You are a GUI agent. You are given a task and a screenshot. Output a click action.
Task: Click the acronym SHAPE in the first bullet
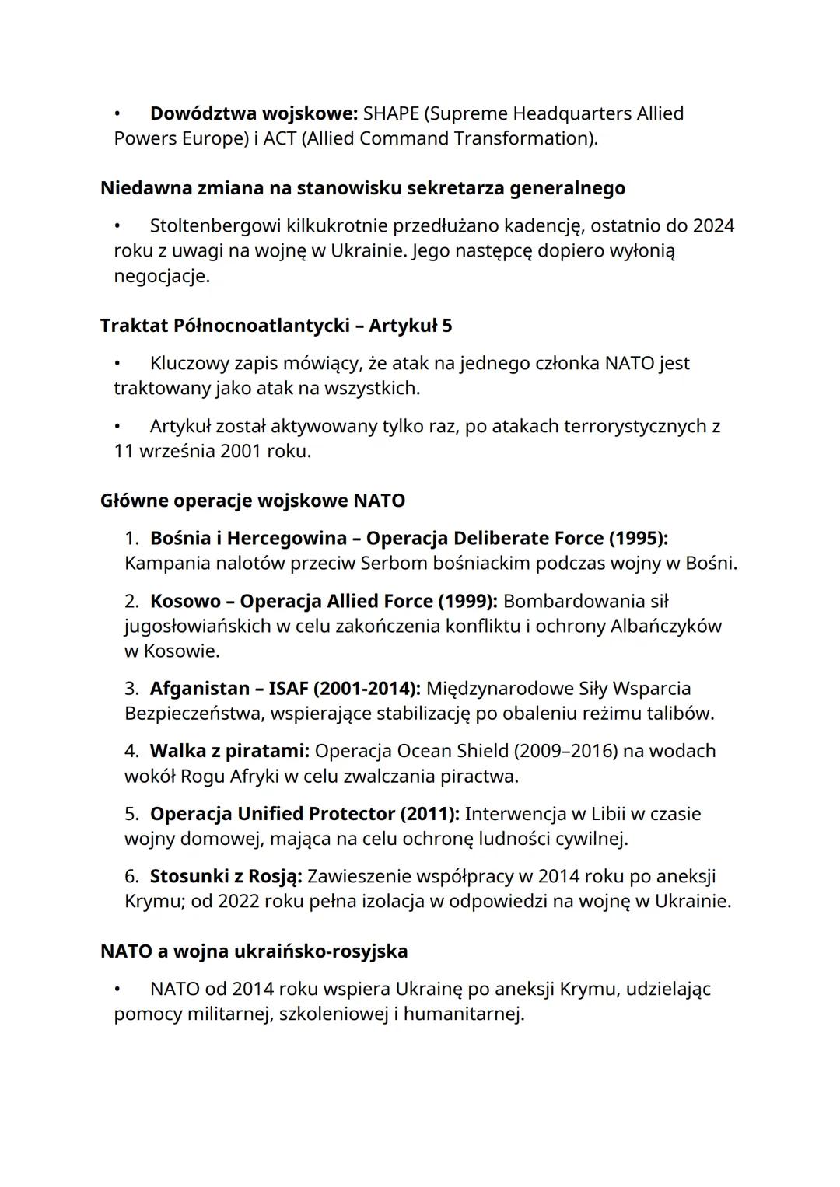click(x=390, y=113)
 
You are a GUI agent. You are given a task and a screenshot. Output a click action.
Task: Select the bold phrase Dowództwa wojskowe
click(x=254, y=113)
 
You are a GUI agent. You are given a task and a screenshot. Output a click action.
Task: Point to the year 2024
click(x=713, y=226)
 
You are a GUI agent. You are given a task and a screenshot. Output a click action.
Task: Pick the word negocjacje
click(x=160, y=276)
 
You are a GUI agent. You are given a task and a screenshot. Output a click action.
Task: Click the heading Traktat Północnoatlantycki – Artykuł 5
click(x=276, y=326)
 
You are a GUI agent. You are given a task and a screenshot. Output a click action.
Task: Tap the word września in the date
click(x=177, y=451)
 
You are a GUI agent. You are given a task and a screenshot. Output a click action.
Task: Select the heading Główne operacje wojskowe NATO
click(x=253, y=501)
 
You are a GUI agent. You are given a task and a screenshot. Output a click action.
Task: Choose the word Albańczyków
click(x=666, y=626)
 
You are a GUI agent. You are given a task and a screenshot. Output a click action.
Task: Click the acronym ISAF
click(x=288, y=689)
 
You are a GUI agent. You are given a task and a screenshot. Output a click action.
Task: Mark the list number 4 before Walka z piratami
click(x=131, y=751)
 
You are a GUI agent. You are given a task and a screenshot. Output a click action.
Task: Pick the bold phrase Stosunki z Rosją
click(x=226, y=876)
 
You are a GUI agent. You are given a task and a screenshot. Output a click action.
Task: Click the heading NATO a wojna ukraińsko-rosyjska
click(x=254, y=951)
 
